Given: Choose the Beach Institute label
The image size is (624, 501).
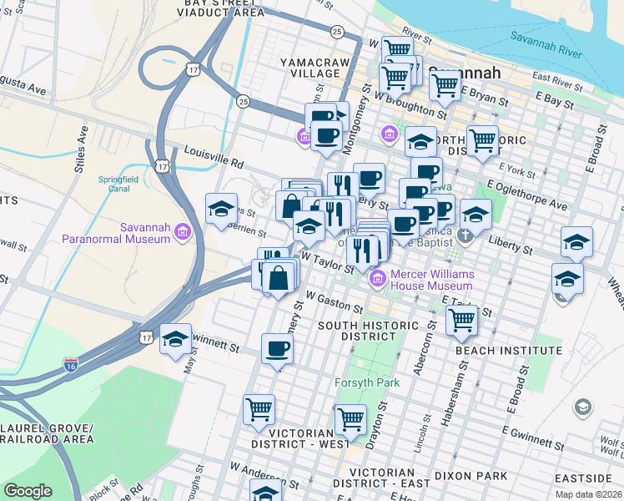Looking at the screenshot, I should (x=509, y=351).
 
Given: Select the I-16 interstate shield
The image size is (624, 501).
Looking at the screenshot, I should (x=72, y=365).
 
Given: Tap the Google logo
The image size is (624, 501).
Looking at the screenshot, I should (x=28, y=491).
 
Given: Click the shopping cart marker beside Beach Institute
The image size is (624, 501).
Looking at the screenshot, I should (x=461, y=319).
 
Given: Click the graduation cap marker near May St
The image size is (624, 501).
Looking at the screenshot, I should (x=175, y=338).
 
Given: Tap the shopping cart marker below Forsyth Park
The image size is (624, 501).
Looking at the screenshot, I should (x=350, y=418).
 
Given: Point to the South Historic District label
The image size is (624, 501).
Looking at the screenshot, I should (x=356, y=330).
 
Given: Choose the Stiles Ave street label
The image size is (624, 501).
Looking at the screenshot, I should (x=80, y=150).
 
